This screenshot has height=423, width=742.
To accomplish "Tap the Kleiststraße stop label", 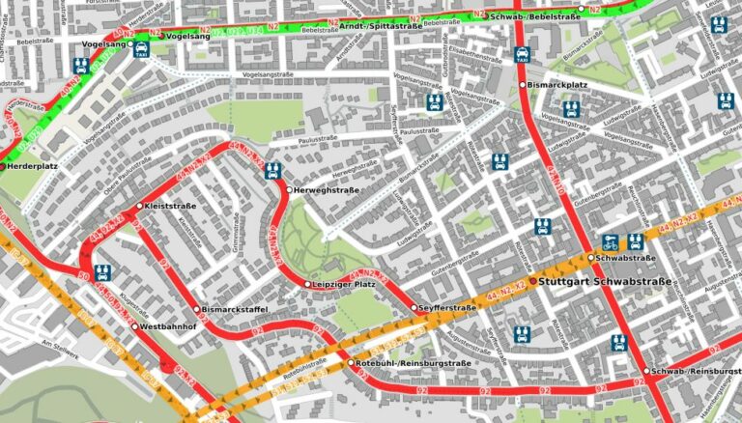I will coord(170,206).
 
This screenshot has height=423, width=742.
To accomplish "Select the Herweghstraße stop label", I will coord(326,190).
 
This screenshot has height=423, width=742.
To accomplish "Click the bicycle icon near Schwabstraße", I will coord(610,241).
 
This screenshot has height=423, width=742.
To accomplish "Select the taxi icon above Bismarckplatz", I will coord(523,55).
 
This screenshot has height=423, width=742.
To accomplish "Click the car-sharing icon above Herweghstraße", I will coord(273,171).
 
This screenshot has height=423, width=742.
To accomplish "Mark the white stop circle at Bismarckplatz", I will coord(523,85).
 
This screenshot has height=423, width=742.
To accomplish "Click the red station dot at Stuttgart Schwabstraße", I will coord(532,281).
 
